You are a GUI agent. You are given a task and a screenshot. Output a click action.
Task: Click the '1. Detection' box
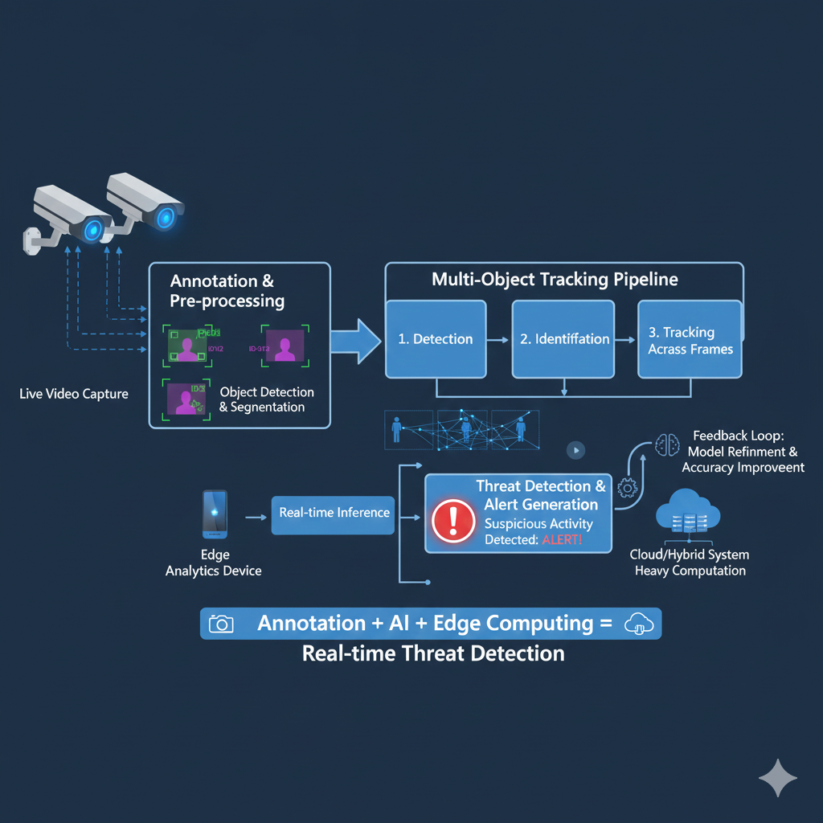pos(436,338)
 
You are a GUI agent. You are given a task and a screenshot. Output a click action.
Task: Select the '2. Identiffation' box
pos(563,338)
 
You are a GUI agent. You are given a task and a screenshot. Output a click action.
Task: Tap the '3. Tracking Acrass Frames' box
pos(690,339)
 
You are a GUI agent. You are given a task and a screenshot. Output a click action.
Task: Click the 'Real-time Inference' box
pos(334,514)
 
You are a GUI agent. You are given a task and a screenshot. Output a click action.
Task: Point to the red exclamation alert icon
pos(453,521)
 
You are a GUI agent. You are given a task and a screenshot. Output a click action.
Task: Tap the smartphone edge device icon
pos(215,514)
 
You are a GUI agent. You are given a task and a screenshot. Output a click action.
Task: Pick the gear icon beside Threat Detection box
pos(627,487)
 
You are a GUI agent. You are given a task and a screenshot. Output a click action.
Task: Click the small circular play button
pos(575,450)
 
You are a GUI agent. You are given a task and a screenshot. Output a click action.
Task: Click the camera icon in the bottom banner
pos(221,624)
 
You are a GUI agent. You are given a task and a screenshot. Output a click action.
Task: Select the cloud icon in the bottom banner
pos(639,624)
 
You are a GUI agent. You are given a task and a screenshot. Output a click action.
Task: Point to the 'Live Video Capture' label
pos(74,395)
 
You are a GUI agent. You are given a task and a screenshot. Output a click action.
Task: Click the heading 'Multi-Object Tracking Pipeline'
pos(555,280)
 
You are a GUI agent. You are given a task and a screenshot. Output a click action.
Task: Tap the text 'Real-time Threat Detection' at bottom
pos(433,653)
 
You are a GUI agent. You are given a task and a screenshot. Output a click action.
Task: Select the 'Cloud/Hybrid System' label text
pos(690,555)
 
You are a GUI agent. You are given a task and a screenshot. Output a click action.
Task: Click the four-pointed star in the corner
pos(777,777)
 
